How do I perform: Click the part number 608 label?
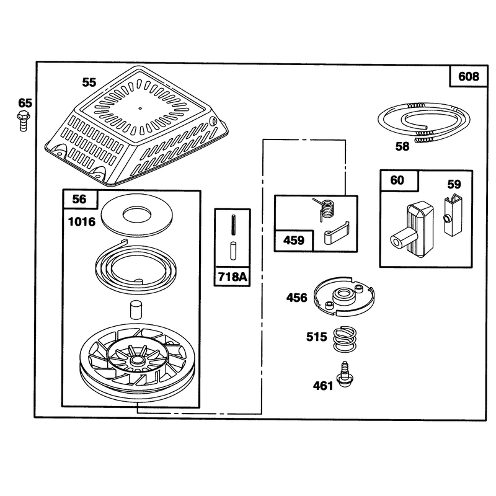pyautogui.click(x=468, y=76)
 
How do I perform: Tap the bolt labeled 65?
pyautogui.click(x=23, y=120)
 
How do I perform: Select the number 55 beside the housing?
pyautogui.click(x=89, y=82)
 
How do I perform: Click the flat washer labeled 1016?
pyautogui.click(x=136, y=216)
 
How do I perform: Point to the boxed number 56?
pyautogui.click(x=79, y=199)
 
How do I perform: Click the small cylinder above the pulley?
pyautogui.click(x=136, y=309)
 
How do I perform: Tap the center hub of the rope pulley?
pyautogui.click(x=136, y=360)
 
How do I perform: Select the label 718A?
pyautogui.click(x=232, y=277)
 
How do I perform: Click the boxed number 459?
pyautogui.click(x=293, y=241)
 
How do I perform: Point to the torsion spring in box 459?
pyautogui.click(x=324, y=208)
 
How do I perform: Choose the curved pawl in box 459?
pyautogui.click(x=336, y=234)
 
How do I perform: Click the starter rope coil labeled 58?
pyautogui.click(x=424, y=121)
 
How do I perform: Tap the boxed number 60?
pyautogui.click(x=397, y=180)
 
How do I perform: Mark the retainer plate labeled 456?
pyautogui.click(x=344, y=296)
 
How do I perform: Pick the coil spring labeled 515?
pyautogui.click(x=345, y=339)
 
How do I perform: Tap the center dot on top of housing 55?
pyautogui.click(x=141, y=108)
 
